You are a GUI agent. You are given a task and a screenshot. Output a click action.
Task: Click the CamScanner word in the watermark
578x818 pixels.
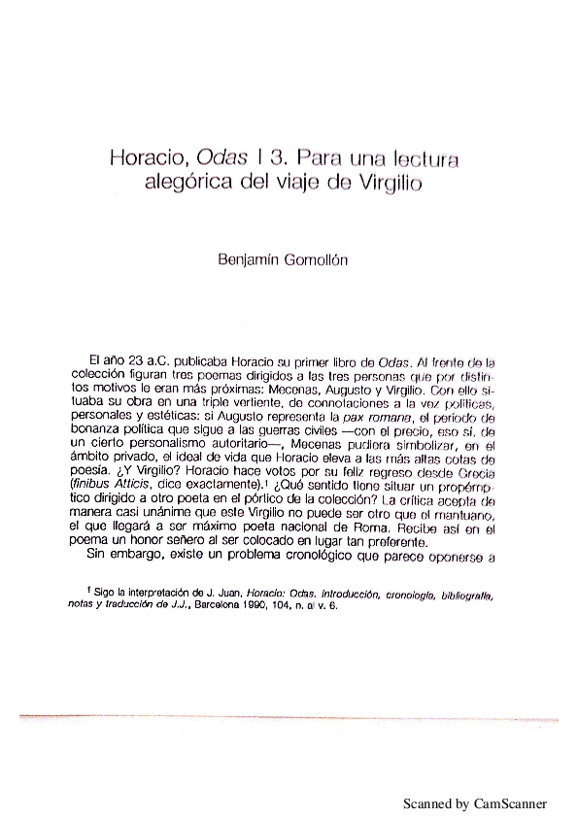pos(511,804)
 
